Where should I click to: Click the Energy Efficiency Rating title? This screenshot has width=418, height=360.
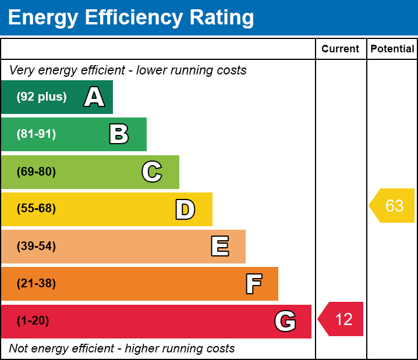coord(131,18)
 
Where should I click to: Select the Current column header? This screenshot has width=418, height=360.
coord(341,49)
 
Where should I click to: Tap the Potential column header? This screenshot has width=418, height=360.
coord(392,49)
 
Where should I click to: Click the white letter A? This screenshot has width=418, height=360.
coord(94,97)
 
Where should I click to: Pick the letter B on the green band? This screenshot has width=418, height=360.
coord(119,134)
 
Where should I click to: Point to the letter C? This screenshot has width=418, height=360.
coord(152,172)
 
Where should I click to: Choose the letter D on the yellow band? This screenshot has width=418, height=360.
coord(185,209)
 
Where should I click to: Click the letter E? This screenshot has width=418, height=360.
coord(219,247)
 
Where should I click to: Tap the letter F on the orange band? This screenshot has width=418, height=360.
coord(253,284)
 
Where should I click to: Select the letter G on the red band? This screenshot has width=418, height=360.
coord(285,321)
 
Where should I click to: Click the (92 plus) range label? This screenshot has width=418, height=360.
coord(41,97)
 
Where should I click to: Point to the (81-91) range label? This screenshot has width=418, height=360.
coord(36,134)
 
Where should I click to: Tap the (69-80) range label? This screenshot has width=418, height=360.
coord(36,172)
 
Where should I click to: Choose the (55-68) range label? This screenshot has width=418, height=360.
coord(36,209)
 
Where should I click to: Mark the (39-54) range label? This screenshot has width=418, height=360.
coord(36,247)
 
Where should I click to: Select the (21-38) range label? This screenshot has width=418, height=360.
coord(36,284)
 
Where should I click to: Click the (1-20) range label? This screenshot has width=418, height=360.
coord(33,321)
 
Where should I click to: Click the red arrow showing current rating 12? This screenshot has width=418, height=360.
coord(342,319)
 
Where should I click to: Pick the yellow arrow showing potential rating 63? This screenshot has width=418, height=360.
coord(393,206)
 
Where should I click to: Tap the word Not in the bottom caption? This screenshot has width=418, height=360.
coord(19,349)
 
